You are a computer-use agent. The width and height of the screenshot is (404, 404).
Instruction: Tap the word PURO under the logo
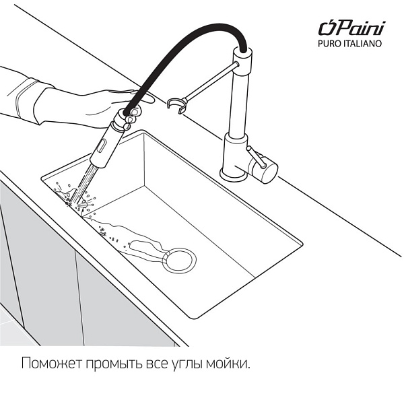coord(331,44)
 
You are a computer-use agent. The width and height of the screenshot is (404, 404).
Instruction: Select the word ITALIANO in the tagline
coord(364,44)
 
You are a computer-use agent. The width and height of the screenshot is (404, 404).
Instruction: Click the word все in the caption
coord(154,364)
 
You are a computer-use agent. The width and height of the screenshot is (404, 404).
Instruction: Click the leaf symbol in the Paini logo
coord(327,28)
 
